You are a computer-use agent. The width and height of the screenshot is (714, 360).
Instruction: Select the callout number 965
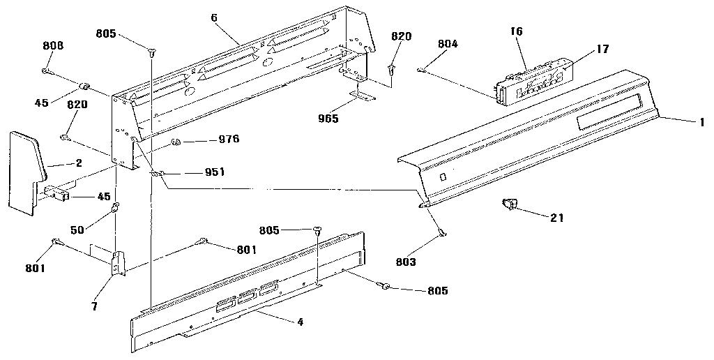(x=327, y=119)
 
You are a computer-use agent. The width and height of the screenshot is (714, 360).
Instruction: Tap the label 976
(x=228, y=140)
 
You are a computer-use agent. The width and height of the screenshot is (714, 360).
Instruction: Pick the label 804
(x=448, y=44)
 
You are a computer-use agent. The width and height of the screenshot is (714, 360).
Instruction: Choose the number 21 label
(x=557, y=217)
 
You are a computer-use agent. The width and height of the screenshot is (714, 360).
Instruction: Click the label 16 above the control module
(x=517, y=31)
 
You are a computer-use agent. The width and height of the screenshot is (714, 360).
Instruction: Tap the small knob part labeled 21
(x=508, y=204)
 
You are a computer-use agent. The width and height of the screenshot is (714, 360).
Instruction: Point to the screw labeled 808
(x=46, y=70)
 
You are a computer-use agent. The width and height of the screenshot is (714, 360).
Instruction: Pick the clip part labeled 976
(x=176, y=143)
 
